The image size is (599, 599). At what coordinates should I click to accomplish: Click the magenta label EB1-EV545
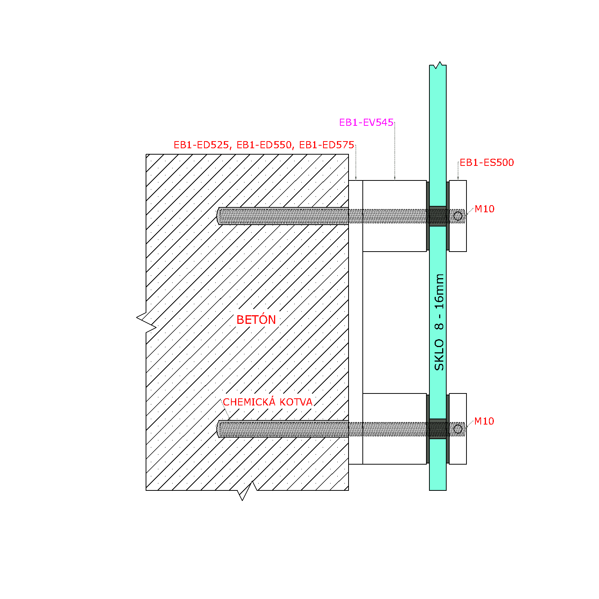coord(366,122)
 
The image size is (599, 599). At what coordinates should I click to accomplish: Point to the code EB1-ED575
coord(327,145)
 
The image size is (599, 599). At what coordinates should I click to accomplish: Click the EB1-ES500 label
coord(487,162)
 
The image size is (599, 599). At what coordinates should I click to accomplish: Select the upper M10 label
coord(484,209)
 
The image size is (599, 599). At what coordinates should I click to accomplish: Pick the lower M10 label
coord(484,421)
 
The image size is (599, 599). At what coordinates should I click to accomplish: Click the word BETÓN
coord(256,319)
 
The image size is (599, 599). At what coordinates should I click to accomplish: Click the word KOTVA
coord(296,402)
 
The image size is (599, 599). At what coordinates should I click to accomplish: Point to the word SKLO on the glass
coord(439,355)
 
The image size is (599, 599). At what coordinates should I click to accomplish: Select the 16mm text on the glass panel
coord(439,291)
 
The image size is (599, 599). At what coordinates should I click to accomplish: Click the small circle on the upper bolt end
coord(458,216)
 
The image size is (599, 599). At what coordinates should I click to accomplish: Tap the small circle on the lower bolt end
coord(458,429)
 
